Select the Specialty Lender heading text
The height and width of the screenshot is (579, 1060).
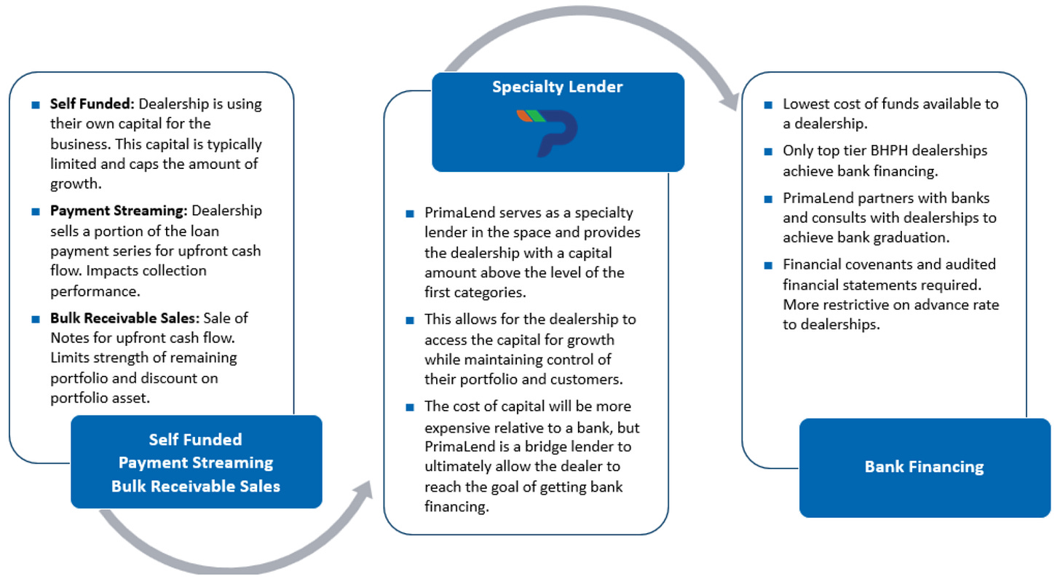pos(558,87)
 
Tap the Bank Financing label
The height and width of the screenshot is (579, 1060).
pos(924,467)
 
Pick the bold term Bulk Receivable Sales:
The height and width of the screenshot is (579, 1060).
pos(125,318)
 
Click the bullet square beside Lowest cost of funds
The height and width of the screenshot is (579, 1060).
pos(768,105)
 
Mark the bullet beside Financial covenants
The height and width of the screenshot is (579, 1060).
pos(768,265)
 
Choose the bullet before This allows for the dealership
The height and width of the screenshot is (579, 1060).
pos(410,320)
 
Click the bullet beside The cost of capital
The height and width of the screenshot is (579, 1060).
pos(410,407)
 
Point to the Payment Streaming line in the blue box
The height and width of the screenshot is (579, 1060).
pos(196,463)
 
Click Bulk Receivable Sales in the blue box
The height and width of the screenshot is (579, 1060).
pos(196,487)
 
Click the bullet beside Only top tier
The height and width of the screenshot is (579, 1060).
pos(768,151)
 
